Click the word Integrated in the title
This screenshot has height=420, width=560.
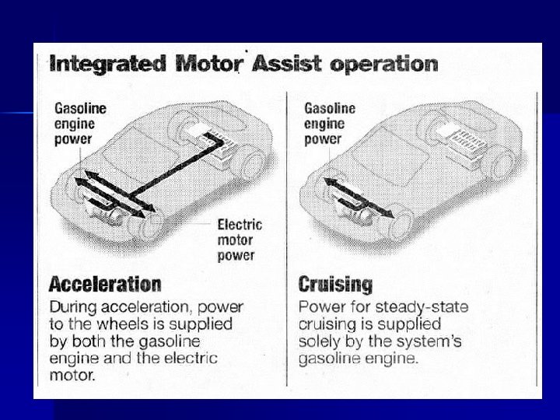(108, 65)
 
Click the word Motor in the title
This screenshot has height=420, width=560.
(209, 64)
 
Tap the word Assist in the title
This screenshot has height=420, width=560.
(287, 64)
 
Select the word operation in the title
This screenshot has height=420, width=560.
(384, 65)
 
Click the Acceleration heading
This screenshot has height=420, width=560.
(105, 285)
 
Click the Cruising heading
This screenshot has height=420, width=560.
(335, 285)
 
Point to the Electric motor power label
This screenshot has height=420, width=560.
(240, 240)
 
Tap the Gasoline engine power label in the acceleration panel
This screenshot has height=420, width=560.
(80, 124)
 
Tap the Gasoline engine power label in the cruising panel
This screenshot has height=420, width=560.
(330, 124)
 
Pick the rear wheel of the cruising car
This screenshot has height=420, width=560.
(505, 163)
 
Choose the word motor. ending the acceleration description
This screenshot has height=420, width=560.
(72, 376)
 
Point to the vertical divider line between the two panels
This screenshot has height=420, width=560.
(287, 240)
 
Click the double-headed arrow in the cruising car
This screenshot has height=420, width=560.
(359, 198)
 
